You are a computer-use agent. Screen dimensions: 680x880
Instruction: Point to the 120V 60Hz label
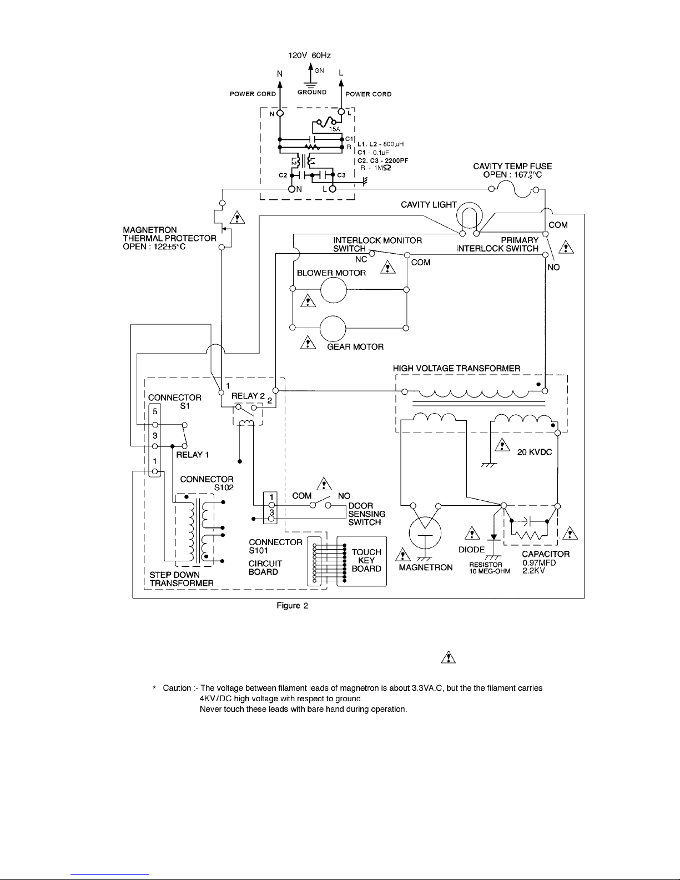tap(309, 56)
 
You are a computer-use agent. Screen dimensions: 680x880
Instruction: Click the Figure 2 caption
tap(292, 606)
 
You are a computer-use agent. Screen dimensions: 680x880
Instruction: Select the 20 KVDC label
tap(534, 452)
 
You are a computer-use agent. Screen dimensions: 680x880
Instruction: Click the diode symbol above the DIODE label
tap(493, 537)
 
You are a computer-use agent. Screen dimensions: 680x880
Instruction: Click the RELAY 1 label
tap(193, 455)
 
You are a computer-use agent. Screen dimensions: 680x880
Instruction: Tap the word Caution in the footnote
tap(177, 688)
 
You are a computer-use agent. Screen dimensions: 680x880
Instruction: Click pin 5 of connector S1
tap(155, 425)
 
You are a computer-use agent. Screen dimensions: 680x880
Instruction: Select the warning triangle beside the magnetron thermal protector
tap(237, 218)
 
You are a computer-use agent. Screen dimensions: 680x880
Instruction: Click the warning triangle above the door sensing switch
tap(324, 484)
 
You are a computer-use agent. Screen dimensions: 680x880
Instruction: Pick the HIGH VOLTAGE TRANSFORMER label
tap(456, 369)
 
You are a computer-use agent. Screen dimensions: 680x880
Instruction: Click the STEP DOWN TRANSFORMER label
tap(182, 579)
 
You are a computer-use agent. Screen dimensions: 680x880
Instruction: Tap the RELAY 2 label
tap(248, 396)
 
